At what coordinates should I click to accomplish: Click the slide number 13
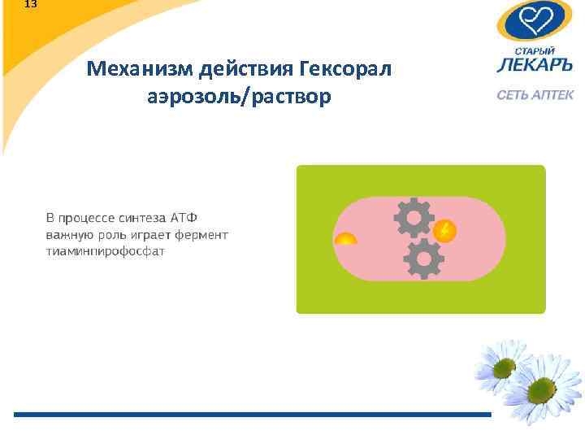(31, 4)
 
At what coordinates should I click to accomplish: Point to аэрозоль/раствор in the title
(239, 97)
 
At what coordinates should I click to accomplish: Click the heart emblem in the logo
(535, 19)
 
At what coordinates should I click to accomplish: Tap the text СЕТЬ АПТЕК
(535, 95)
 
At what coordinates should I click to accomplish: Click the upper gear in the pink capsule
(413, 218)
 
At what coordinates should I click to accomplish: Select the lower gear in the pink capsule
(423, 259)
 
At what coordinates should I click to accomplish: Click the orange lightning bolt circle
(444, 231)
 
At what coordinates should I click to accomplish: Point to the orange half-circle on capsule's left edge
(345, 239)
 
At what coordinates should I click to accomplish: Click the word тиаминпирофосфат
(105, 251)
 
